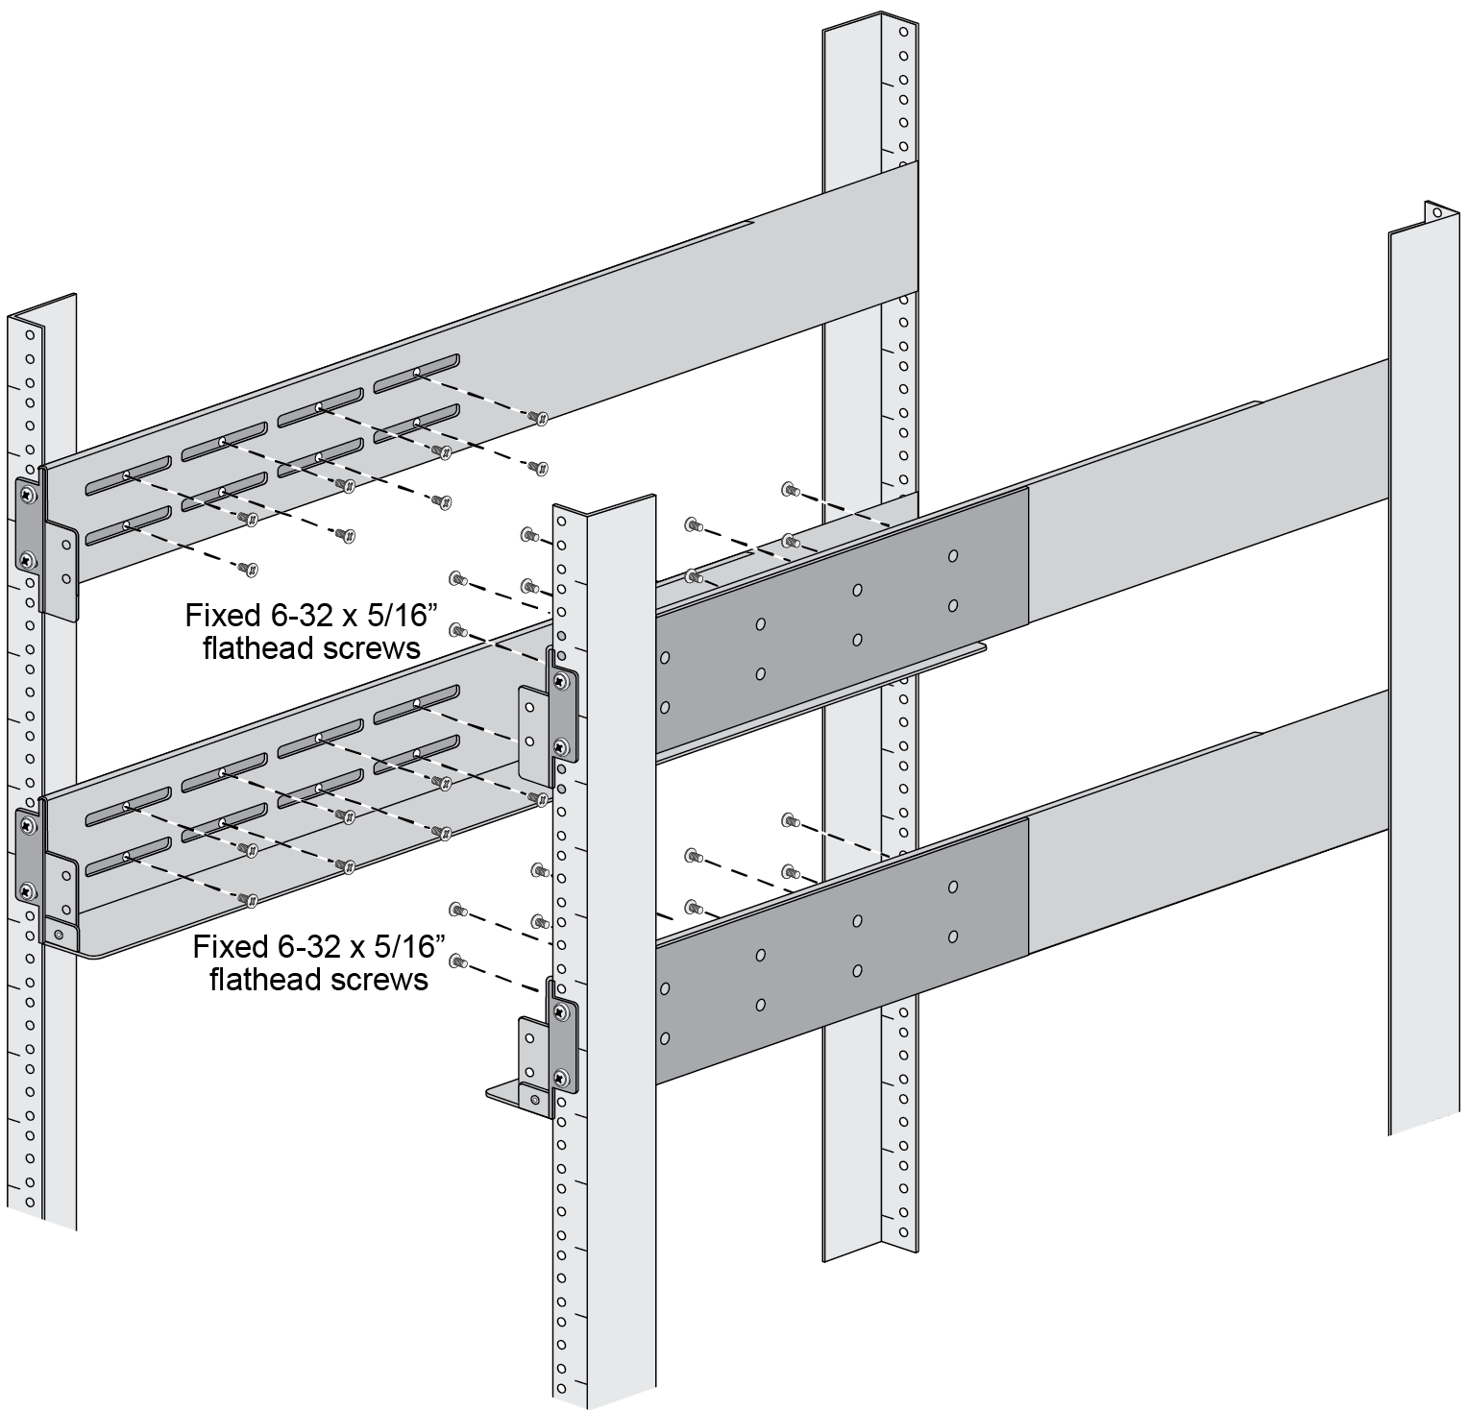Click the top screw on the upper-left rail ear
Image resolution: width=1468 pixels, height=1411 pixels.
click(x=27, y=495)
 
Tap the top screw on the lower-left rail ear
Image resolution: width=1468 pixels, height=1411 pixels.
click(x=26, y=825)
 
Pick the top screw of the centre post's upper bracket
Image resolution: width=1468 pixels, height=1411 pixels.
click(x=560, y=681)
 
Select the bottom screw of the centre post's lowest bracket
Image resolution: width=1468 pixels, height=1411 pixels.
click(x=560, y=1078)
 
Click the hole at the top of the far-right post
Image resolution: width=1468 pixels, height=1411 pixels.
click(x=1435, y=212)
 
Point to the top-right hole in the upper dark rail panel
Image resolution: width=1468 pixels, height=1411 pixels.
click(x=953, y=555)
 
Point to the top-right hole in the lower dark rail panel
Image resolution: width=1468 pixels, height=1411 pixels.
click(x=953, y=886)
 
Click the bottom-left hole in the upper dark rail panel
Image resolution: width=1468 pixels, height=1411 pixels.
click(x=664, y=708)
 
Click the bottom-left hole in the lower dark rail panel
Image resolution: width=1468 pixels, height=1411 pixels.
click(x=664, y=1038)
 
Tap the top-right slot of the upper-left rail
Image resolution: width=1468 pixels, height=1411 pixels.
click(x=416, y=372)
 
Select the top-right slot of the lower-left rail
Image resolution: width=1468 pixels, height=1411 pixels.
click(x=416, y=704)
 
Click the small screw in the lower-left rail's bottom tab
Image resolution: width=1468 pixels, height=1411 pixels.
click(x=60, y=934)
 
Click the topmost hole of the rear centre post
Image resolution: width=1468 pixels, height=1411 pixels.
click(x=902, y=32)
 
